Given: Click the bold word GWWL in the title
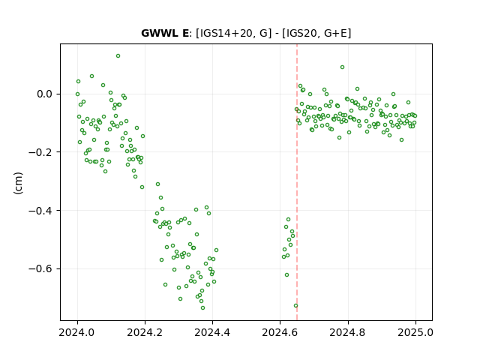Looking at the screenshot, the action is pyautogui.click(x=160, y=33).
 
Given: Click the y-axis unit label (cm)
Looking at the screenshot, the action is pyautogui.click(x=18, y=183).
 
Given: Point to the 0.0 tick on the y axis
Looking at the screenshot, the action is pyautogui.click(x=44, y=94).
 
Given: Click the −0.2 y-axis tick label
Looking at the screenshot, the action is pyautogui.click(x=40, y=152).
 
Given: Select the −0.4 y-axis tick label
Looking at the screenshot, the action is pyautogui.click(x=40, y=210).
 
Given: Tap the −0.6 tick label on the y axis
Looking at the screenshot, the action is pyautogui.click(x=40, y=268).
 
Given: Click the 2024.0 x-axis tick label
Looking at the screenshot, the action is pyautogui.click(x=77, y=332).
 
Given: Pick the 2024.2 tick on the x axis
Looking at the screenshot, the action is pyautogui.click(x=145, y=332).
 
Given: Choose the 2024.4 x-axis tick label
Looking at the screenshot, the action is pyautogui.click(x=212, y=332).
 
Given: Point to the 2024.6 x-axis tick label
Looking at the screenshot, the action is pyautogui.click(x=280, y=332).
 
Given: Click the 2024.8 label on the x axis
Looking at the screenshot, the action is pyautogui.click(x=348, y=332).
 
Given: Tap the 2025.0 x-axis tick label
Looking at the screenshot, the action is pyautogui.click(x=415, y=332).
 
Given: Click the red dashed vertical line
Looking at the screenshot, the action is pyautogui.click(x=297, y=182).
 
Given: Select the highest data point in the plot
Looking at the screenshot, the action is pyautogui.click(x=118, y=55).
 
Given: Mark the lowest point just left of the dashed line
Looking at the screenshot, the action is pyautogui.click(x=295, y=305).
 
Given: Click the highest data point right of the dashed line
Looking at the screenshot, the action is pyautogui.click(x=342, y=67).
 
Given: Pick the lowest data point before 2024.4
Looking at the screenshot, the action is pyautogui.click(x=202, y=307).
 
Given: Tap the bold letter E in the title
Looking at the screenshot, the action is pyautogui.click(x=185, y=33).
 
